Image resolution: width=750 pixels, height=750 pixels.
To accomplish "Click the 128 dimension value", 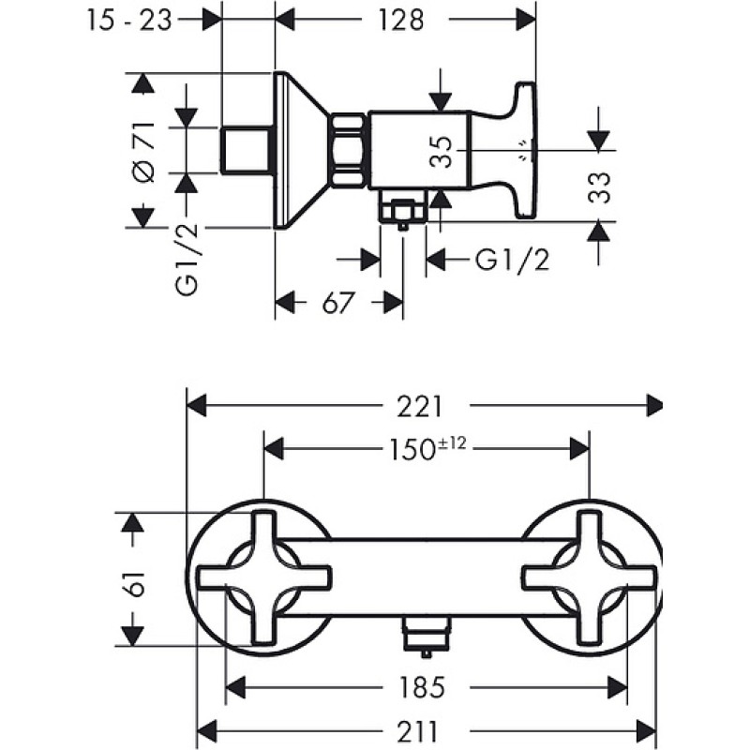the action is pos(401,20).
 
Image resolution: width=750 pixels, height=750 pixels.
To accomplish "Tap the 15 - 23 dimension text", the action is pos(129,21).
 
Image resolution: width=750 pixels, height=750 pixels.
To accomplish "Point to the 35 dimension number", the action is pos(441,152).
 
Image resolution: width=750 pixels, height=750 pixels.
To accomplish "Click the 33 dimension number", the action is pos(600,187).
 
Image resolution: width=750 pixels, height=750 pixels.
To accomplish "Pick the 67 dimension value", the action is pos(338,302).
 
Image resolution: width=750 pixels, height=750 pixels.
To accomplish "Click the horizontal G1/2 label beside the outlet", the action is pos(512,261).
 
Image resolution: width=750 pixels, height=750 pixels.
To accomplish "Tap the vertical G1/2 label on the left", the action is pos(187,260).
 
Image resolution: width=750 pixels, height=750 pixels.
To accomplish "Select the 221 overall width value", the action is pos(419,407).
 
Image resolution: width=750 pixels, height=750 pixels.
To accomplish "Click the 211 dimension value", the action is pos(417,731).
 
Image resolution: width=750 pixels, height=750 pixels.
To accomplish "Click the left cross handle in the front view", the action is pos(264,577).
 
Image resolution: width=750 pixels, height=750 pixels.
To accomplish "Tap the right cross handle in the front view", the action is pos(589,577).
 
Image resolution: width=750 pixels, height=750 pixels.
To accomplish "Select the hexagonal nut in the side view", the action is pos(348,149).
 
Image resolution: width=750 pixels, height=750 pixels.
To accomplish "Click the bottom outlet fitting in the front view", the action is pos(427,636).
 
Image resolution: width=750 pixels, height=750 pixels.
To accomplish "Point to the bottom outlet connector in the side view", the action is pos(403,208).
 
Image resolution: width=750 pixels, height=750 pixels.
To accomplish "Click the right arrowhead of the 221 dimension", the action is pos(653,406).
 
